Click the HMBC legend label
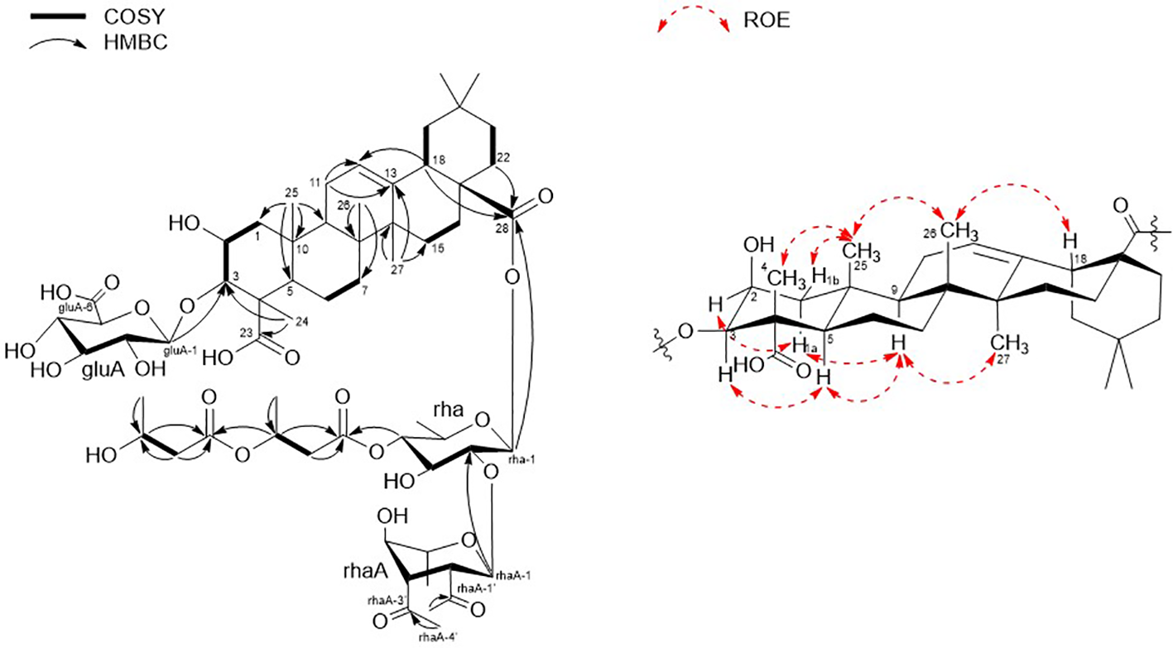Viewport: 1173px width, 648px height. (135, 43)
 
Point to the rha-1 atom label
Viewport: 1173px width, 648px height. (527, 452)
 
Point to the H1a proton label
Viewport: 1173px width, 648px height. (806, 348)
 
